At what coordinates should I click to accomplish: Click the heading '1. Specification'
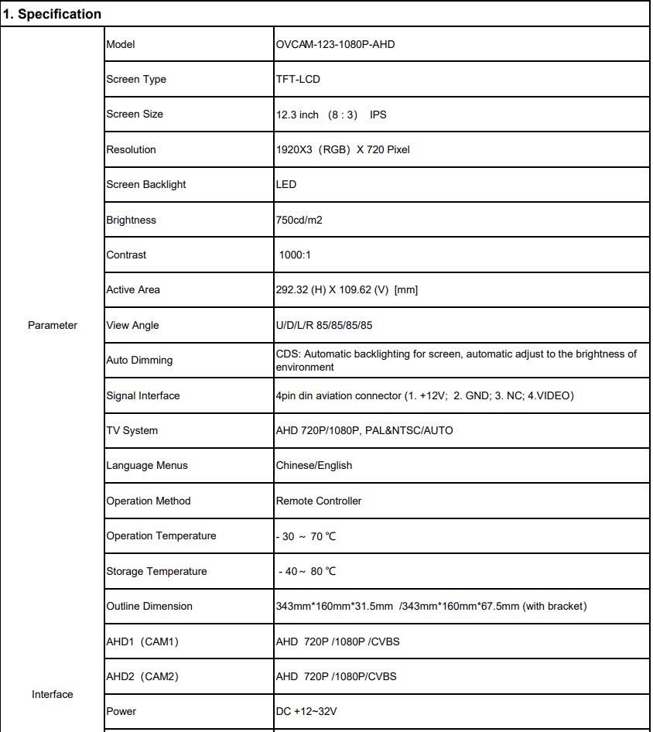(x=53, y=14)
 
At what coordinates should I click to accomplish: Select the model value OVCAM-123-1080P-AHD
(x=335, y=44)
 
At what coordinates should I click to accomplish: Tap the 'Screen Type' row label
(x=136, y=79)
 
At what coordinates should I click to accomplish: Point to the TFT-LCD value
(x=298, y=79)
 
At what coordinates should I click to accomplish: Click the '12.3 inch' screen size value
(x=297, y=115)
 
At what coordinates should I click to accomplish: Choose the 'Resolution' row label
(x=131, y=149)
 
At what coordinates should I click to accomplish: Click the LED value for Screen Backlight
(x=285, y=184)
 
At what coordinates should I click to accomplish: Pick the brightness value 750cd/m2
(x=299, y=220)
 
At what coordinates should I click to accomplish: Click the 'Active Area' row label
(x=133, y=289)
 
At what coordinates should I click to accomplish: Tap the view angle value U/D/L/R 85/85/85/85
(x=323, y=325)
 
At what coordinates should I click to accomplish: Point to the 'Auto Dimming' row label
(x=139, y=360)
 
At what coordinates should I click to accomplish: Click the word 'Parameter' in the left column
(x=53, y=325)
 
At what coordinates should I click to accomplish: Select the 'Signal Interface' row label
(x=142, y=395)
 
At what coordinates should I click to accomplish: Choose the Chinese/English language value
(x=313, y=465)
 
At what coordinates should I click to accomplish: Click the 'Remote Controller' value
(x=318, y=501)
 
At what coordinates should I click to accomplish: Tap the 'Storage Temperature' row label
(x=156, y=571)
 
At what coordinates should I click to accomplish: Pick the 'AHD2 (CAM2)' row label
(x=142, y=676)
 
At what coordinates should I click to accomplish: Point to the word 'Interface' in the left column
(x=53, y=694)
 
